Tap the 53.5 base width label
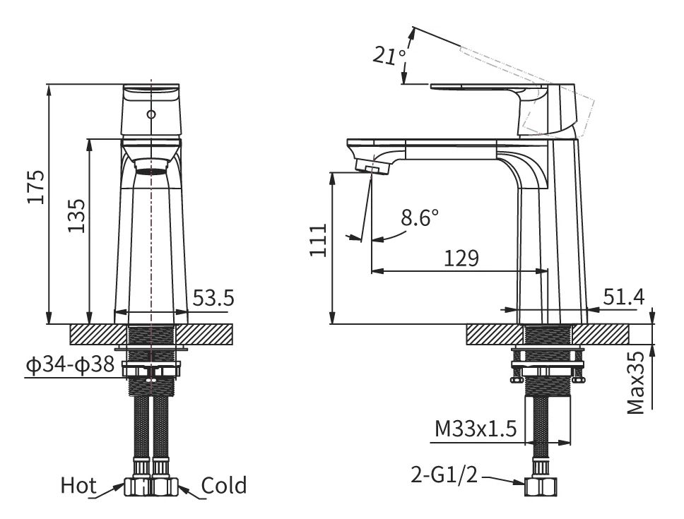213,298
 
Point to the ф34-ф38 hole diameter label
70,364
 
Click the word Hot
78,485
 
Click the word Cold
224,485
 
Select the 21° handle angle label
389,55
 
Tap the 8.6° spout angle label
420,217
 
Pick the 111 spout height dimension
319,240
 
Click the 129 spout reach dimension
461,258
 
